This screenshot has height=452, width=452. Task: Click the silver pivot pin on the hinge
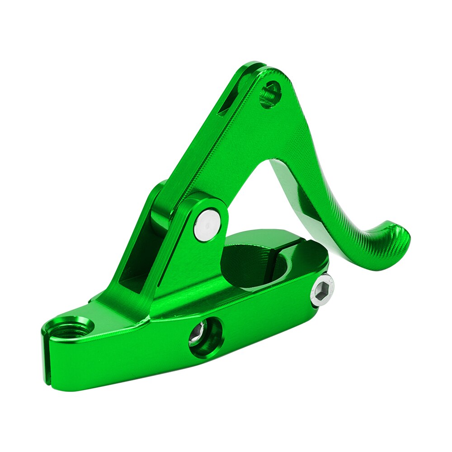coord(207,223)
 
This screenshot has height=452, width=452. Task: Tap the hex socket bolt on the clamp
coord(322,291)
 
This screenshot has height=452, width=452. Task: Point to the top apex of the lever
coord(255,66)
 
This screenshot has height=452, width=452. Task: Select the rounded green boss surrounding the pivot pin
coord(199,212)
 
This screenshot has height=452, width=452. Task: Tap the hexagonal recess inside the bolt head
coord(322,291)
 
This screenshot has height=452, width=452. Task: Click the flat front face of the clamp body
coord(136,357)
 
